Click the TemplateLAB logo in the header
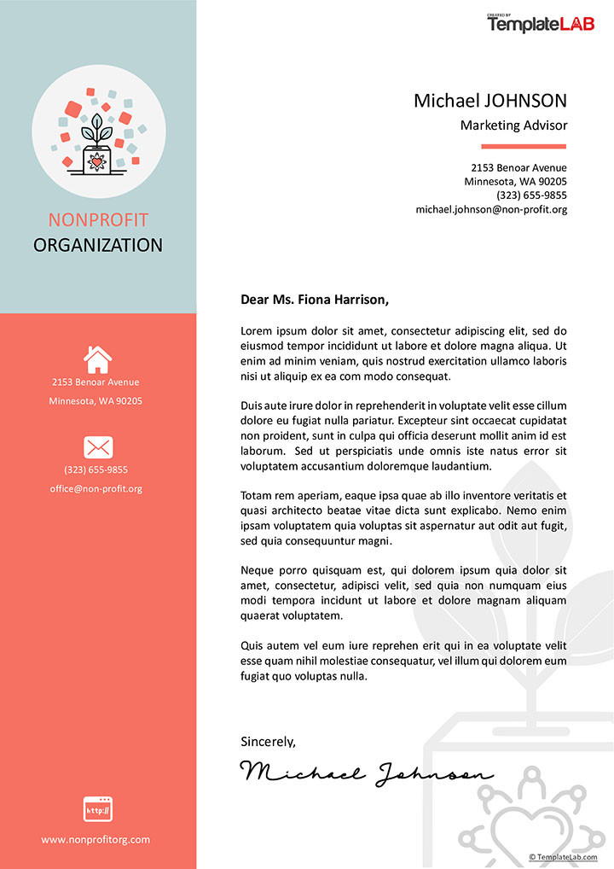(x=541, y=23)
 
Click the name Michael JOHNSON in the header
(x=490, y=101)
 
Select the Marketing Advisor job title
(x=513, y=125)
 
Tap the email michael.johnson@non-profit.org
(x=491, y=209)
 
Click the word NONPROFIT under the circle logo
(x=98, y=219)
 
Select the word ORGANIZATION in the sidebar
(x=98, y=246)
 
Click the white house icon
(x=98, y=359)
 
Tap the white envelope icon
(x=98, y=446)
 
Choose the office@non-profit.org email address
(x=96, y=489)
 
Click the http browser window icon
(x=98, y=808)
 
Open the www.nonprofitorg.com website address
(x=96, y=840)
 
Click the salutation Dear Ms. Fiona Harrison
(x=315, y=300)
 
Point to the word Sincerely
(x=268, y=742)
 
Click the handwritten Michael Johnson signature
(x=367, y=773)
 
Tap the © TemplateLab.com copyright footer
(x=563, y=857)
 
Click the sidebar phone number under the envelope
(x=96, y=469)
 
